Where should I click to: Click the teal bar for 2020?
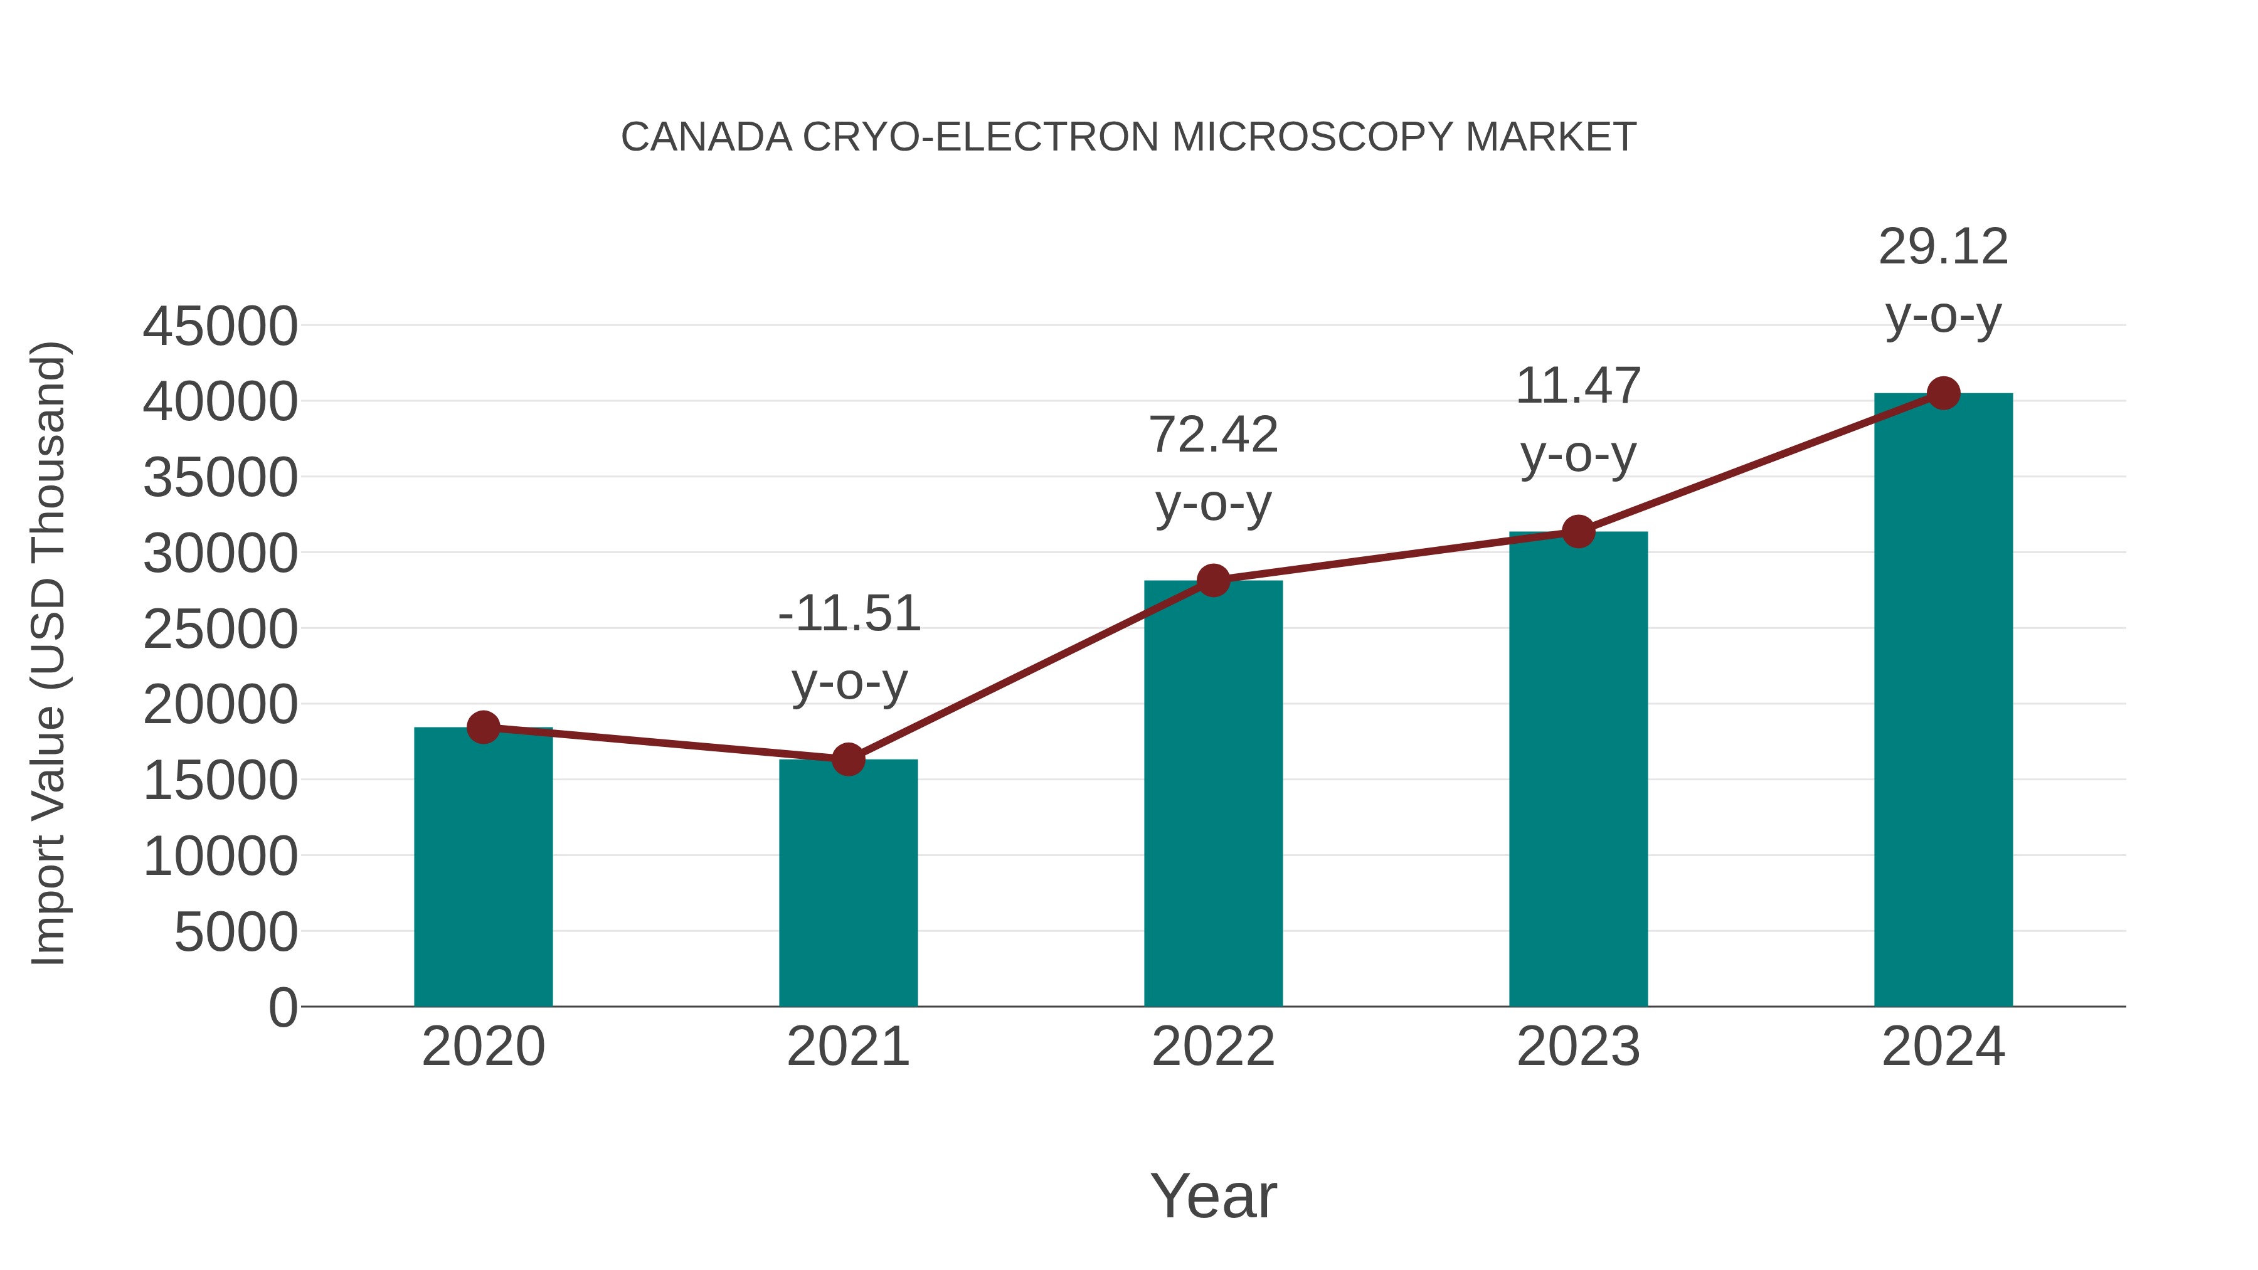point(483,868)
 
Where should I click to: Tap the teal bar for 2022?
point(1213,794)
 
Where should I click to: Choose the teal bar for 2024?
point(1943,701)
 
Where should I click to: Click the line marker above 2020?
point(483,727)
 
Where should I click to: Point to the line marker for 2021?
point(847,759)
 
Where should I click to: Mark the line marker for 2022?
point(1213,580)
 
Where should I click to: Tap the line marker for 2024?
point(1943,393)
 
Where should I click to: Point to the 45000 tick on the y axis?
point(220,327)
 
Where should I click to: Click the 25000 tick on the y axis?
point(220,629)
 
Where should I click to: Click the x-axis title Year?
point(1213,1195)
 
